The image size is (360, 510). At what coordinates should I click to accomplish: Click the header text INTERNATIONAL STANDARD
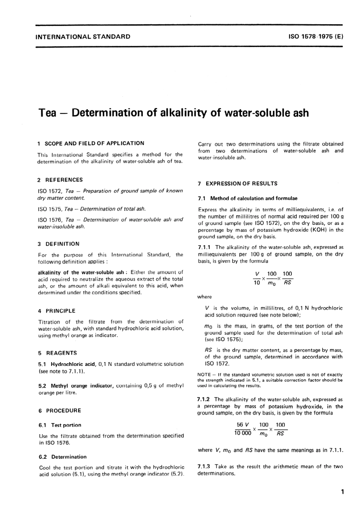coord(83,37)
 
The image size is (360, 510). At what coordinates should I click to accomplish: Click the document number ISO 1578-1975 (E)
coord(316,37)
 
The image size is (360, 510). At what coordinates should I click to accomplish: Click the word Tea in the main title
coord(48,113)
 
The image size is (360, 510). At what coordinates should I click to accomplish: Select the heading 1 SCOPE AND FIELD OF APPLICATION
coord(91,143)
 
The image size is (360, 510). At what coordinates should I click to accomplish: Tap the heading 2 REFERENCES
coord(60,180)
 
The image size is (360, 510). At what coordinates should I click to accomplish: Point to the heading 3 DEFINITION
coord(59,244)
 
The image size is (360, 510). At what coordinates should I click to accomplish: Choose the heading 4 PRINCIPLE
coord(57,311)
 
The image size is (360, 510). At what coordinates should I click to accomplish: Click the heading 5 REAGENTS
coord(58,353)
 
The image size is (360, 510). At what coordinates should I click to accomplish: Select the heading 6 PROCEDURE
coord(60,411)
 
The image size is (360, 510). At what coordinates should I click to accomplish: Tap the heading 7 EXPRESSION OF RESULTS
coord(238,184)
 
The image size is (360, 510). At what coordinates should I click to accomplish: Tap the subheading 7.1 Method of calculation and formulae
coord(247,198)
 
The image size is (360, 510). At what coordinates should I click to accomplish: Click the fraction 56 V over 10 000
coord(243,429)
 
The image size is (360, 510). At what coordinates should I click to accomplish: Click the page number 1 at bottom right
coord(342,492)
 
